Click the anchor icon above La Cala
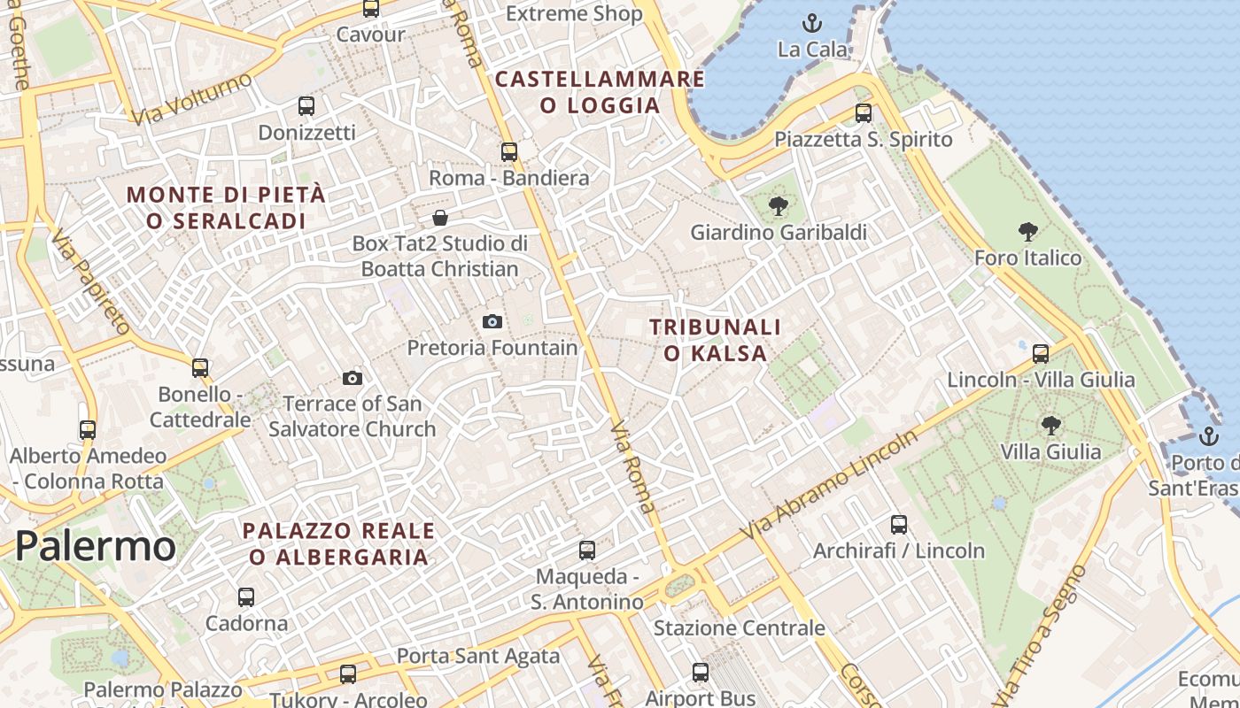click(x=811, y=23)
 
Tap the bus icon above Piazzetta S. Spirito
click(x=864, y=113)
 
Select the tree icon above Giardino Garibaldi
click(x=779, y=206)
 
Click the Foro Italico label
click(x=1027, y=258)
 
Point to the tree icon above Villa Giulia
click(x=1051, y=426)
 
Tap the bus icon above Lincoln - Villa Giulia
click(x=1041, y=353)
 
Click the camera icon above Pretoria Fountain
click(x=492, y=321)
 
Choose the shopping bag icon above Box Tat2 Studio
click(x=440, y=218)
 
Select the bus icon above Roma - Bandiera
click(x=508, y=152)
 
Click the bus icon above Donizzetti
click(x=306, y=106)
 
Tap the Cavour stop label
click(x=370, y=35)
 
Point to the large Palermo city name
click(x=95, y=546)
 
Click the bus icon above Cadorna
click(x=246, y=597)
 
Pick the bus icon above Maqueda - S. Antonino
click(x=586, y=550)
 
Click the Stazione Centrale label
click(x=739, y=628)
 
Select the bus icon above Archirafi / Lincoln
click(x=899, y=525)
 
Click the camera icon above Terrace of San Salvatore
click(x=353, y=379)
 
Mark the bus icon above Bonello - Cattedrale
click(x=200, y=367)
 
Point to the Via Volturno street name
click(x=190, y=99)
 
